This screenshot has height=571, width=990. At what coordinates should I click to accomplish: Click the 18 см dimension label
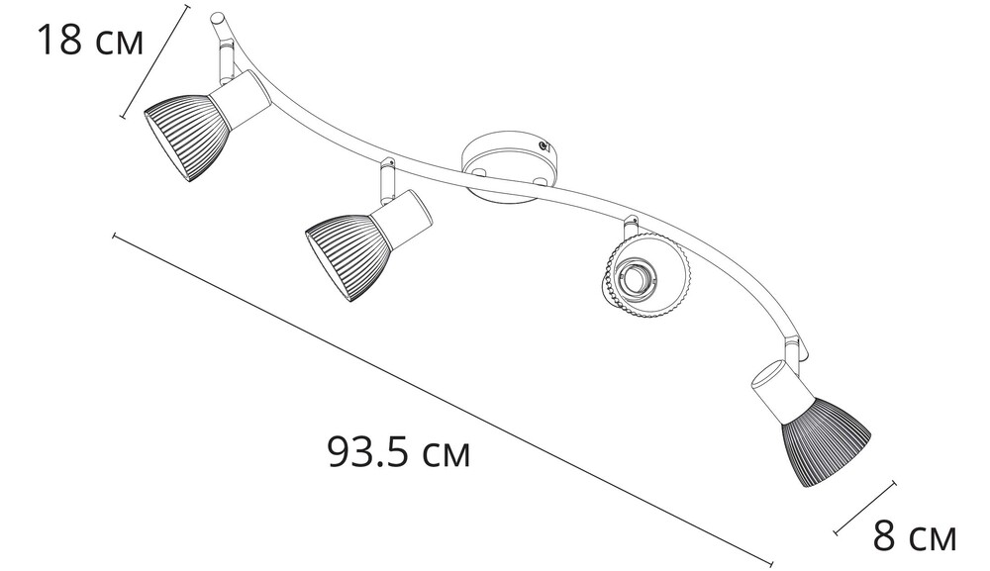pos(91,40)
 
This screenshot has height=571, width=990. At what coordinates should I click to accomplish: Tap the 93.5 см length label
pos(399,451)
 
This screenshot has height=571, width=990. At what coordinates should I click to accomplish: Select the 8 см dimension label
pos(915,537)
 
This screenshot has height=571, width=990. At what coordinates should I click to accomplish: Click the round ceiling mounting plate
pos(510,167)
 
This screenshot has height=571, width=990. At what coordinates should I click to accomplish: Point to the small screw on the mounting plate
pos(543,145)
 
